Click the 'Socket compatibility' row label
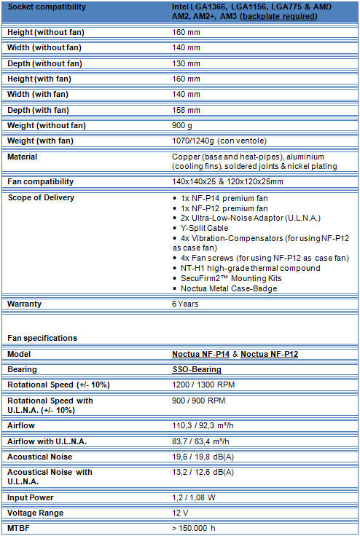46,7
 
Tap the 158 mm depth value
185,110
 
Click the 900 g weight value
182,125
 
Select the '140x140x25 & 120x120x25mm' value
227,181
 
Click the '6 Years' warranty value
185,303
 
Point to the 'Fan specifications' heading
42,338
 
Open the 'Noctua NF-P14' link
200,354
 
